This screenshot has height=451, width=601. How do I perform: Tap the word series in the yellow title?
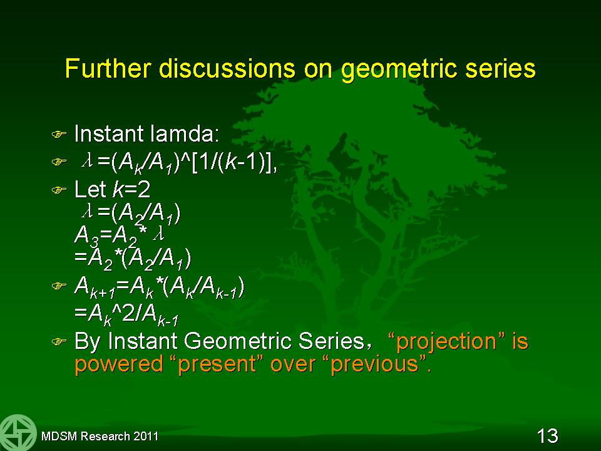[500, 68]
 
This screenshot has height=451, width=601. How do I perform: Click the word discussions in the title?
[227, 68]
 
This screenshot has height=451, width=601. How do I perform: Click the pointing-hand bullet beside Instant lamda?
[59, 134]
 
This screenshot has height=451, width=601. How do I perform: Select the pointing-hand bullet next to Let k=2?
[59, 190]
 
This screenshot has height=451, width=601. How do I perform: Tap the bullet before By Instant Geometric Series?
[59, 341]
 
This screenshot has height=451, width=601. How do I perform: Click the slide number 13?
[547, 436]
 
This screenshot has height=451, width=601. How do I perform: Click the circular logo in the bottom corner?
[18, 433]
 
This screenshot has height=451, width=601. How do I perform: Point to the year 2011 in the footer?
[146, 436]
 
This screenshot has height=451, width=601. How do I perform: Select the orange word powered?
[119, 364]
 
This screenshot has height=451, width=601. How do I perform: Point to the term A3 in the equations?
[86, 236]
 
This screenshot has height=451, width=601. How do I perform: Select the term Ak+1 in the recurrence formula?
[95, 287]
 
